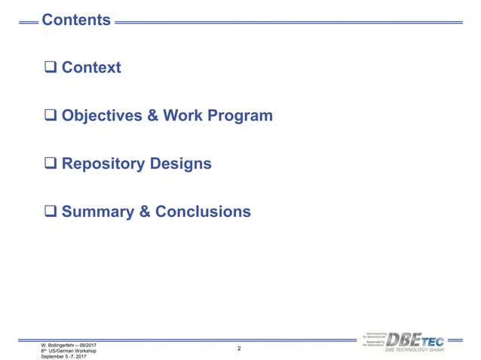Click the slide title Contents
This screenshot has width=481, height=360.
pos(76,20)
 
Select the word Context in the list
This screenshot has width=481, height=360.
pos(91,68)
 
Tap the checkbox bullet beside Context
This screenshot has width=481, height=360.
pos(51,68)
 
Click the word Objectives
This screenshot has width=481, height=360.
pos(106,116)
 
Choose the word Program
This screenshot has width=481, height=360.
pos(244,117)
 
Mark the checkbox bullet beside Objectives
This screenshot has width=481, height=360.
pos(51,116)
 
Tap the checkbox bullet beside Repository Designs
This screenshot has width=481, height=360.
pos(51,164)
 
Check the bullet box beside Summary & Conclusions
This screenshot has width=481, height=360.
pos(51,212)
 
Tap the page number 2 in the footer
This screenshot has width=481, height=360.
pos(239,349)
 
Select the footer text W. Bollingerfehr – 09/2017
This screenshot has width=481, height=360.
pos(69,344)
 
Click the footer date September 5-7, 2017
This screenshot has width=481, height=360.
pos(64,356)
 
